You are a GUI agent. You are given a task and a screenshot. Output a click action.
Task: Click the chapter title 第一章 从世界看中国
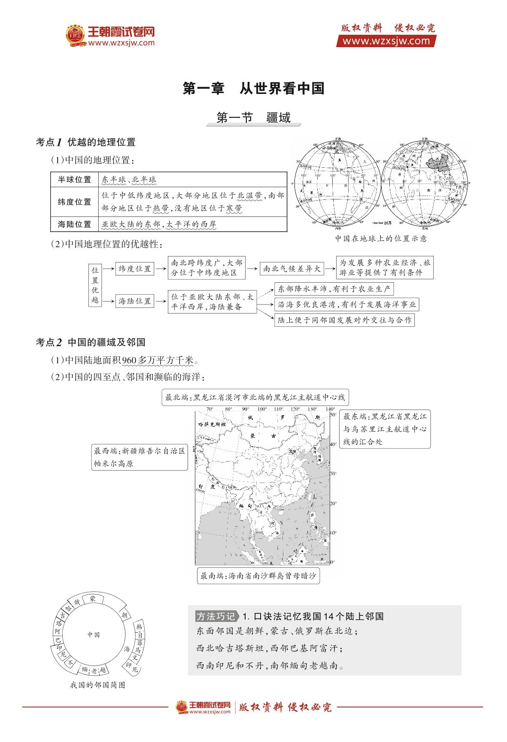pyautogui.click(x=253, y=89)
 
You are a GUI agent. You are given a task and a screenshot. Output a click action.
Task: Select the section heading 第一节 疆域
pyautogui.click(x=253, y=118)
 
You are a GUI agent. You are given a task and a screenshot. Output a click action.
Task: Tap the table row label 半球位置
pyautogui.click(x=75, y=180)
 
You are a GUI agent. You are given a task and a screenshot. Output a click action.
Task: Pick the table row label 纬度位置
pyautogui.click(x=75, y=202)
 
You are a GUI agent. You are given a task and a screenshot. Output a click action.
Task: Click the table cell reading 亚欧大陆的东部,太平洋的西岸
pyautogui.click(x=159, y=224)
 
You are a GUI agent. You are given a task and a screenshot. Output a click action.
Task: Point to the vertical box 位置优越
pyautogui.click(x=95, y=285)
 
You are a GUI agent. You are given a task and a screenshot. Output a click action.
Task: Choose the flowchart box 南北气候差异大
pyautogui.click(x=291, y=269)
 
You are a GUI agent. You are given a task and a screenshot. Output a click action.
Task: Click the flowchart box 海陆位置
pyautogui.click(x=135, y=301)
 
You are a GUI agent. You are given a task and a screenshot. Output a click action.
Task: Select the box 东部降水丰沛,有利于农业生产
pyautogui.click(x=334, y=289)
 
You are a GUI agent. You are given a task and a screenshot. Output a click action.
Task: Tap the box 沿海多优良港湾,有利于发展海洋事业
pyautogui.click(x=346, y=305)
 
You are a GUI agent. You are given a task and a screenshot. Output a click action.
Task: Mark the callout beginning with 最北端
pyautogui.click(x=255, y=398)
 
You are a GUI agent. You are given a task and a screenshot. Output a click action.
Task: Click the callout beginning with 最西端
pyautogui.click(x=140, y=457)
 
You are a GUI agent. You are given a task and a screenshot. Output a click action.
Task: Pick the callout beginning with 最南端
pyautogui.click(x=258, y=576)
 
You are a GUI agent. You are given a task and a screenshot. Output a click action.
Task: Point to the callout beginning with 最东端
pyautogui.click(x=385, y=429)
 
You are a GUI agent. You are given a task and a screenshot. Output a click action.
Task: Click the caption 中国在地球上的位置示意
pyautogui.click(x=381, y=238)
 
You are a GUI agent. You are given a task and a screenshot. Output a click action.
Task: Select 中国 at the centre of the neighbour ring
pyautogui.click(x=94, y=634)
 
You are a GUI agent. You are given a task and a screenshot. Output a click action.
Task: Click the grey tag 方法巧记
pyautogui.click(x=216, y=616)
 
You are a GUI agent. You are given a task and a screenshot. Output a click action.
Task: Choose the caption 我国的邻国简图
pyautogui.click(x=97, y=685)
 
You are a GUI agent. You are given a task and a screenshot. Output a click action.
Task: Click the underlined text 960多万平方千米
pyautogui.click(x=158, y=360)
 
